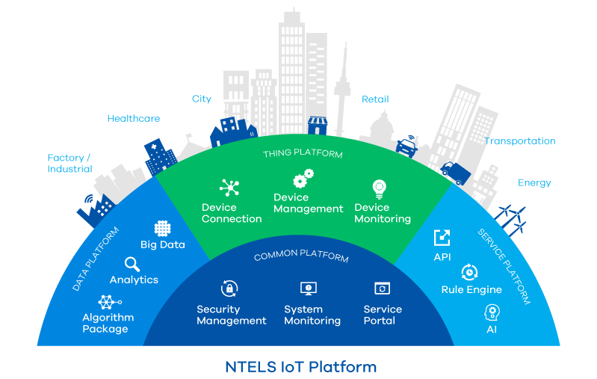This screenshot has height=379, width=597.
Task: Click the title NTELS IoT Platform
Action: [300, 367]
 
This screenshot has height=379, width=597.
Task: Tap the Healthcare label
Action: [134, 118]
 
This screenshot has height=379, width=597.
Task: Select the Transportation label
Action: [519, 141]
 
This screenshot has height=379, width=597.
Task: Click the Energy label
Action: [533, 182]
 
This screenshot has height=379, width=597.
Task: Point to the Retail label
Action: [375, 99]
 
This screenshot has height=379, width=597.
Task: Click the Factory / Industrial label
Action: [69, 163]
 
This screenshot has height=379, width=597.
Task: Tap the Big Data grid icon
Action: [162, 229]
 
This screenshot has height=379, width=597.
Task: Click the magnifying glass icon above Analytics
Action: [132, 264]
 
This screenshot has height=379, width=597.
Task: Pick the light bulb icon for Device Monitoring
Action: [381, 188]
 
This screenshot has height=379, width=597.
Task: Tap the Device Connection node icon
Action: [228, 188]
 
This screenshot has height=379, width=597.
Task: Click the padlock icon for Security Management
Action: [229, 289]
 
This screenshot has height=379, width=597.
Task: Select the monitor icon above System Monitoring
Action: [308, 289]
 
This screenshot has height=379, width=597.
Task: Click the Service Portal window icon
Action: [382, 289]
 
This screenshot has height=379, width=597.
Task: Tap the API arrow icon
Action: [442, 238]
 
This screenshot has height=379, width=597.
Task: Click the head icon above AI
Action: [492, 311]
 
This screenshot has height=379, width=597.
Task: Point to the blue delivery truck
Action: [455, 173]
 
